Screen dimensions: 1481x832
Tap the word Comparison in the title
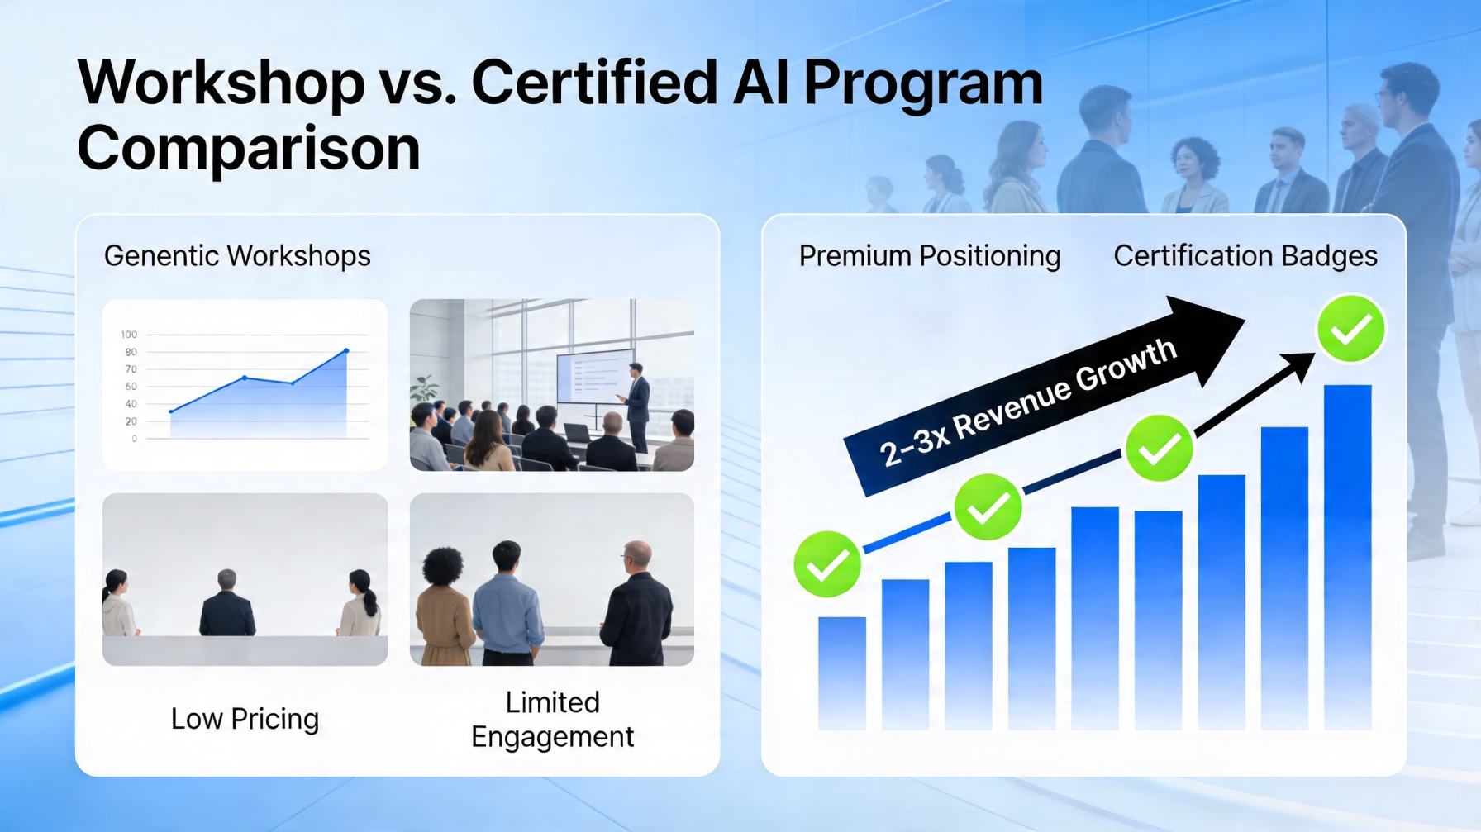click(x=249, y=150)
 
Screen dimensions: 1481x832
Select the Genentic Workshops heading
click(x=237, y=256)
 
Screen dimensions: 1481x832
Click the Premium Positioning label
click(x=930, y=256)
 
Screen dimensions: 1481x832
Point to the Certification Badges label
click(x=1245, y=256)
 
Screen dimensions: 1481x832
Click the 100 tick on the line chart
click(x=129, y=335)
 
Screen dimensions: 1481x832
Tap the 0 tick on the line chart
click(x=134, y=439)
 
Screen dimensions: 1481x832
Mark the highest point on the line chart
click(x=346, y=351)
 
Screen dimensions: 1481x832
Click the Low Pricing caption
click(x=245, y=719)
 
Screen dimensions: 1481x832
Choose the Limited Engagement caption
click(x=553, y=719)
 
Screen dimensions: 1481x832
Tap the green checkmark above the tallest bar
click(x=1350, y=329)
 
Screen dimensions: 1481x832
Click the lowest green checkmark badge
click(x=827, y=564)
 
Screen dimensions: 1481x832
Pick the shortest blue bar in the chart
click(x=842, y=673)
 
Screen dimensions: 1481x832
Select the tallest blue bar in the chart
click(x=1347, y=558)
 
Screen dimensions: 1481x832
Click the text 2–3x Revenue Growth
click(x=1027, y=402)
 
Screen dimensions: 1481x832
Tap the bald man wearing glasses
click(x=636, y=603)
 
